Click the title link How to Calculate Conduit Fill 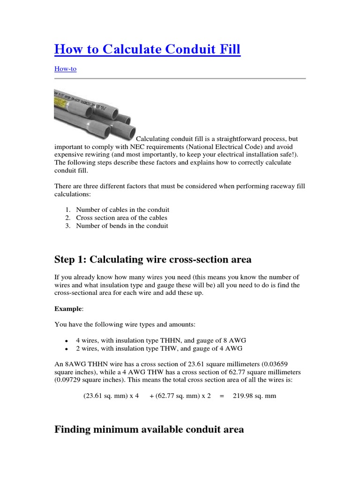(147, 49)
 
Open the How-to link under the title (65, 69)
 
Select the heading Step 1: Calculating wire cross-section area (153, 259)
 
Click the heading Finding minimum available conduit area (149, 429)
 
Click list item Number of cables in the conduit (122, 210)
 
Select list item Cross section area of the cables (121, 217)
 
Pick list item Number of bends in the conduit (122, 225)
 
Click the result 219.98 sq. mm (254, 396)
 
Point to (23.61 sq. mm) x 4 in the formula (111, 396)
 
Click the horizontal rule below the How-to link (180, 78)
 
